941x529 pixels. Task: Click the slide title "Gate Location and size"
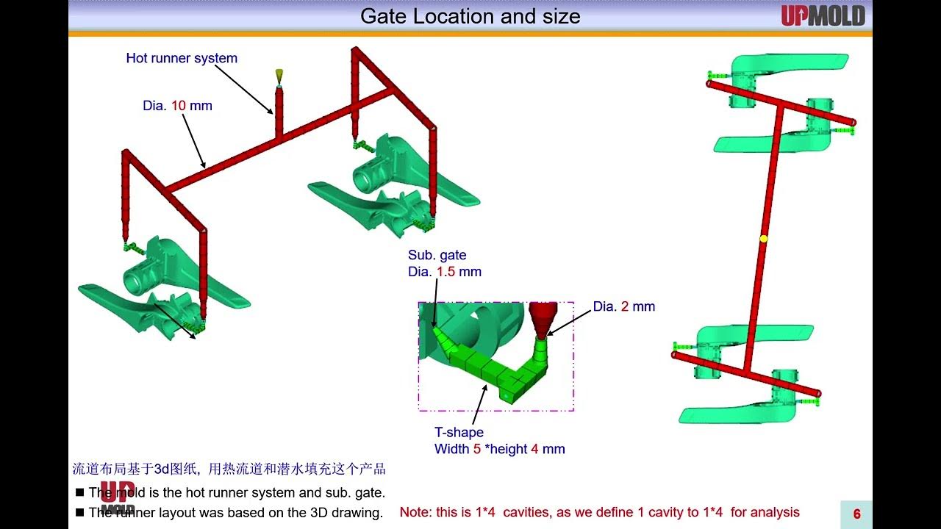[470, 16]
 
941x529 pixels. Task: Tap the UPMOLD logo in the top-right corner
[823, 15]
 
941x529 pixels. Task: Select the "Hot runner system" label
[182, 58]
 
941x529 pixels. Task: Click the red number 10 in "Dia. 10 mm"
[179, 106]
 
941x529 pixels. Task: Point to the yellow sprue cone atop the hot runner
[279, 76]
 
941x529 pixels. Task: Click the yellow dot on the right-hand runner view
[763, 239]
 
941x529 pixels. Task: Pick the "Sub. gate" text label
[437, 255]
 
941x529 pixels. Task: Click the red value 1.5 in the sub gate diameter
[446, 272]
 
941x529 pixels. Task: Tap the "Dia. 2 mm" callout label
[623, 306]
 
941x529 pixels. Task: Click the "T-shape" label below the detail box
[459, 432]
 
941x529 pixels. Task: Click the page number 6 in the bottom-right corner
[856, 514]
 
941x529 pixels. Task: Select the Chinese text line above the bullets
[229, 469]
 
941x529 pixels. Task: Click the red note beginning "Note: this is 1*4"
[599, 512]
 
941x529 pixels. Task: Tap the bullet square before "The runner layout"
[79, 513]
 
